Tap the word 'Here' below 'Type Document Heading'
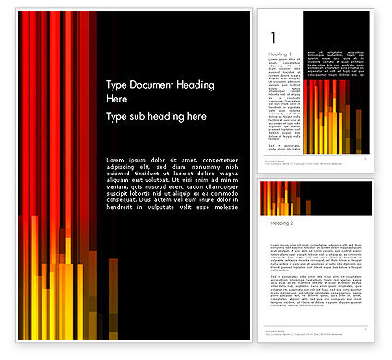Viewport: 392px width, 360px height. click(118, 98)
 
